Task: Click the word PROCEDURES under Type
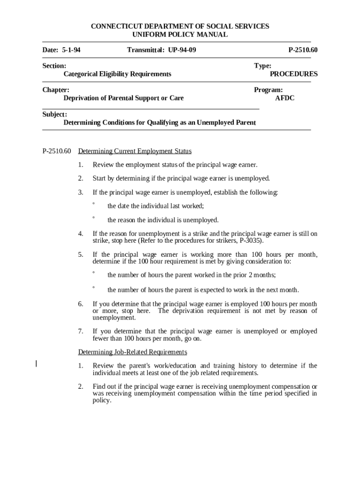click(x=294, y=74)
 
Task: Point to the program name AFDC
click(x=285, y=98)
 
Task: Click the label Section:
click(x=54, y=66)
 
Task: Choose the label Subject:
click(x=55, y=114)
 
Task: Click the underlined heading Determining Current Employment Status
click(x=135, y=151)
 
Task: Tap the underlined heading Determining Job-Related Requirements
click(x=132, y=352)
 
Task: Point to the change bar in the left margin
click(x=37, y=364)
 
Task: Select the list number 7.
click(x=80, y=331)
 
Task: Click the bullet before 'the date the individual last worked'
click(x=94, y=204)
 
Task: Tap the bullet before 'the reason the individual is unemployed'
click(x=94, y=218)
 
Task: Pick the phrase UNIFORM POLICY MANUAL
click(x=180, y=35)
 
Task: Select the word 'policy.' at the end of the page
click(x=102, y=400)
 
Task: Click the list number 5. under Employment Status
click(x=80, y=254)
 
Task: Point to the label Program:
click(x=268, y=90)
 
